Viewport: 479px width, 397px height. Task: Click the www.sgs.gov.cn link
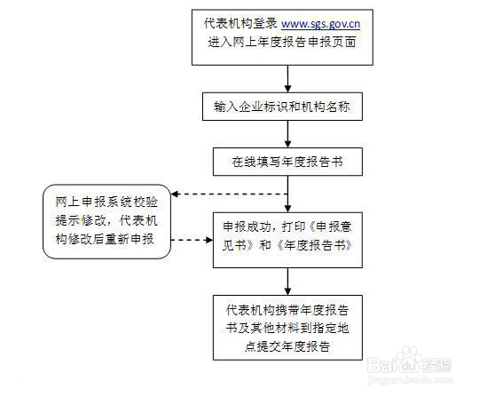pyautogui.click(x=320, y=24)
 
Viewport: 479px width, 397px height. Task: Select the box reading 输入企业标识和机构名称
pyautogui.click(x=282, y=107)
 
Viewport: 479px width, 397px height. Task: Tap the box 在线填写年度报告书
pyautogui.click(x=287, y=162)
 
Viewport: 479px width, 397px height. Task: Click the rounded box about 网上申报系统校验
pyautogui.click(x=106, y=222)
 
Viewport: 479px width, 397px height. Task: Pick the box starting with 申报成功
pyautogui.click(x=287, y=240)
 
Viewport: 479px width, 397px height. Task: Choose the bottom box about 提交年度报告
pyautogui.click(x=287, y=328)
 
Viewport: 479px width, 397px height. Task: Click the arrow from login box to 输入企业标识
pyautogui.click(x=287, y=79)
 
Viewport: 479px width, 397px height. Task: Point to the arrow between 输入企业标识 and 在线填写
pyautogui.click(x=287, y=134)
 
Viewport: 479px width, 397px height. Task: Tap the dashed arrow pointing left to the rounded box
pyautogui.click(x=229, y=194)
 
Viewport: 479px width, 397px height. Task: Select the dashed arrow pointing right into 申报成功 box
pyautogui.click(x=192, y=240)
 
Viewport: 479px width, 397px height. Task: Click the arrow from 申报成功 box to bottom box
pyautogui.click(x=287, y=282)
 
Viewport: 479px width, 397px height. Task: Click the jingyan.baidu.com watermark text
pyautogui.click(x=410, y=380)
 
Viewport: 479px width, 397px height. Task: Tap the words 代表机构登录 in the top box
pyautogui.click(x=240, y=23)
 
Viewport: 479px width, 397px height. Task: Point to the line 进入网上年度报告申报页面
pyautogui.click(x=282, y=43)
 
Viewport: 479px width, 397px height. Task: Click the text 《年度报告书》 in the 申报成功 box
pyautogui.click(x=314, y=245)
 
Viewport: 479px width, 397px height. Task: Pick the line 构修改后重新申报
pyautogui.click(x=105, y=239)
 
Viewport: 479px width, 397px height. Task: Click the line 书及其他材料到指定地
pyautogui.click(x=287, y=329)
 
